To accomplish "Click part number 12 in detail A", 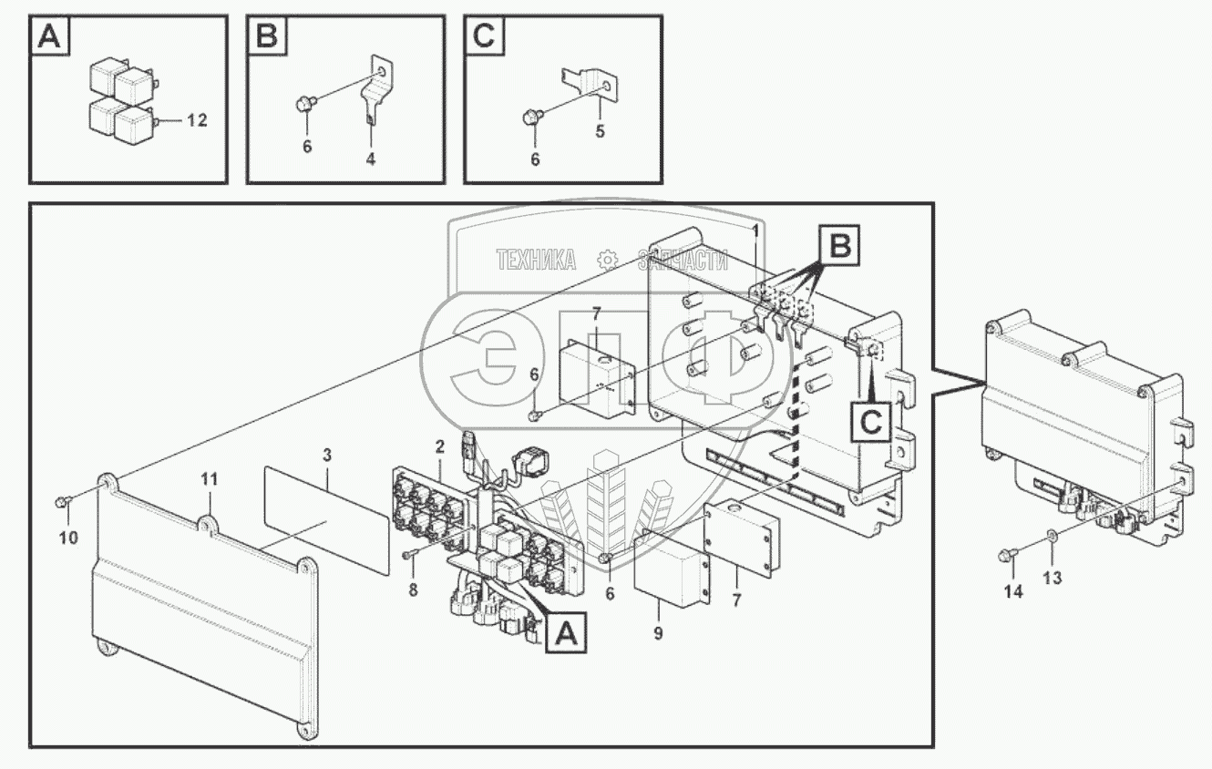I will point(197,120).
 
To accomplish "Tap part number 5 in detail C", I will point(600,129).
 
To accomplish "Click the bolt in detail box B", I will point(305,106).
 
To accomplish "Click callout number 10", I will point(68,538).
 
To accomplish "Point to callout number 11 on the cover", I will point(210,479).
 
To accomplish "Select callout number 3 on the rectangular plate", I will point(327,452).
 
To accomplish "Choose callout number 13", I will point(1053,578).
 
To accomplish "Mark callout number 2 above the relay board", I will point(439,446).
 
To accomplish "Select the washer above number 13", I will point(1053,538).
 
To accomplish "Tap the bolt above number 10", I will point(61,500).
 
